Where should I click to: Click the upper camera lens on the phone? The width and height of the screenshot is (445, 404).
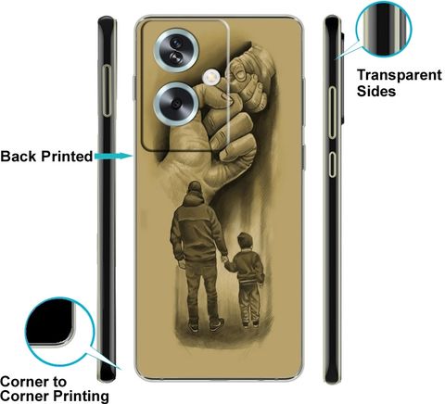176,50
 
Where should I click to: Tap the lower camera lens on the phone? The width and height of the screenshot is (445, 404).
176,103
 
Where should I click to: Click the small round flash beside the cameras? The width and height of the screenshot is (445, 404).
211,76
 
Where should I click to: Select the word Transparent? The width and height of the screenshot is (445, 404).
400,76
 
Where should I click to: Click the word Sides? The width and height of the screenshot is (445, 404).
376,91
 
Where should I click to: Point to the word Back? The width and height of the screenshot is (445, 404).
19,157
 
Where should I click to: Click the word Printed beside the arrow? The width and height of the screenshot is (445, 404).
67,157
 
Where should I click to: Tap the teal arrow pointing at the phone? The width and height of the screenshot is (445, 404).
113,157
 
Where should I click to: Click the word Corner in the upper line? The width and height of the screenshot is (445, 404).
25,382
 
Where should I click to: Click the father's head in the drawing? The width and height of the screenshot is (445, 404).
195,188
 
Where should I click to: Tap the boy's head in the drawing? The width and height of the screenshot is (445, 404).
246,240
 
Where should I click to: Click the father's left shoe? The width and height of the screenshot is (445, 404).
193,327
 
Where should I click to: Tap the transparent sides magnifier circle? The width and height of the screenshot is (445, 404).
384,30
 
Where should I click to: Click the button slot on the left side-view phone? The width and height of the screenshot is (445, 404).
107,91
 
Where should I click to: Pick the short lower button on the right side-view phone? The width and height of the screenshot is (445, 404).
332,164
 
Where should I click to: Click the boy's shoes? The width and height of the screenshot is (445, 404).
250,324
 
